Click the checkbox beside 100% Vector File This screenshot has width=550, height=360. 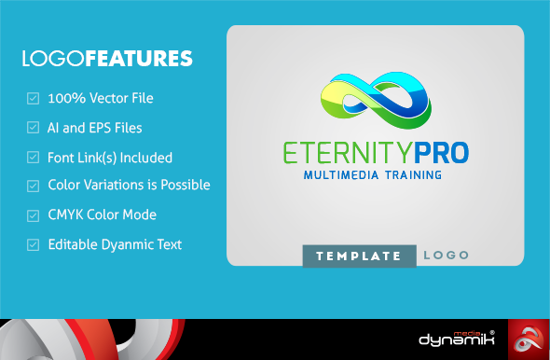click(33, 98)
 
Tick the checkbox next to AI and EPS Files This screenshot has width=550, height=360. click(33, 128)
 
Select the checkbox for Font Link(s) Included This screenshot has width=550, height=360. click(33, 158)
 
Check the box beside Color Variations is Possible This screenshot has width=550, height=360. click(33, 186)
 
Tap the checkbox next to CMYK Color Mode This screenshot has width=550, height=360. click(33, 215)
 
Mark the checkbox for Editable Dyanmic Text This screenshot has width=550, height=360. click(33, 244)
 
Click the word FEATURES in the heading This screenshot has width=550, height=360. click(139, 58)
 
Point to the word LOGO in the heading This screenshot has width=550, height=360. click(53, 58)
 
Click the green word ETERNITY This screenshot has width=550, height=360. click(348, 153)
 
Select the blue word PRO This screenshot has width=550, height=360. click(441, 153)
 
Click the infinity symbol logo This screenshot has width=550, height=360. click(377, 101)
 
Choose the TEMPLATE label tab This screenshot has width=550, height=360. click(360, 256)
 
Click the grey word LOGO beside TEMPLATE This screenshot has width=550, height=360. click(447, 256)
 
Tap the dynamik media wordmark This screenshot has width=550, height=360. click(457, 339)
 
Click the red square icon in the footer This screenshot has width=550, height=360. click(529, 339)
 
